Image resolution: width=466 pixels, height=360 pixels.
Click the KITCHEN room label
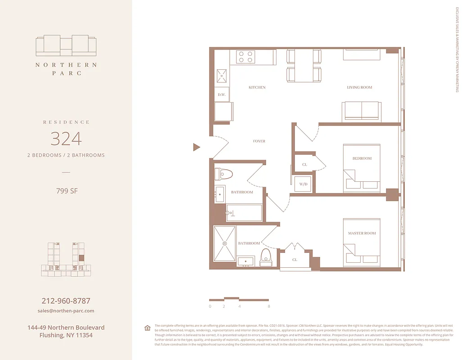click(x=257, y=87)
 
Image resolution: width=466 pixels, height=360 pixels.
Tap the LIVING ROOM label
click(x=359, y=87)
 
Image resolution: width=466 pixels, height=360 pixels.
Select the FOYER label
click(x=259, y=141)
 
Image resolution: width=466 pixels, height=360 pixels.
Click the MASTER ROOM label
click(x=362, y=233)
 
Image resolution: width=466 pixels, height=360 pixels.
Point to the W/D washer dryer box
click(x=303, y=184)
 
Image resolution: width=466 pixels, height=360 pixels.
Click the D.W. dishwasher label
click(x=222, y=94)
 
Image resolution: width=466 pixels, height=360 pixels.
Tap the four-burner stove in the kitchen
click(x=246, y=57)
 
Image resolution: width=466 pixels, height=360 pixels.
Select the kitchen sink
click(x=222, y=76)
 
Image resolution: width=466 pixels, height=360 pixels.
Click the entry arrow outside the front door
click(x=196, y=147)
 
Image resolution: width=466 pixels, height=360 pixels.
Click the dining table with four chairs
click(x=304, y=66)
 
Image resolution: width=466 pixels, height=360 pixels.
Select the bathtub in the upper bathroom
click(x=244, y=213)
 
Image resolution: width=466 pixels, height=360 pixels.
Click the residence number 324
click(x=66, y=139)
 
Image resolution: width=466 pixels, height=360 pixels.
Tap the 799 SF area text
click(x=67, y=191)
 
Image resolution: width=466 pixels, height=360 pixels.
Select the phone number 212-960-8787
click(x=66, y=301)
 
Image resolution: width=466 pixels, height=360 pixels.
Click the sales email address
click(x=66, y=311)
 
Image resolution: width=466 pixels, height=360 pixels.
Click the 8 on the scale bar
click(x=268, y=306)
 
